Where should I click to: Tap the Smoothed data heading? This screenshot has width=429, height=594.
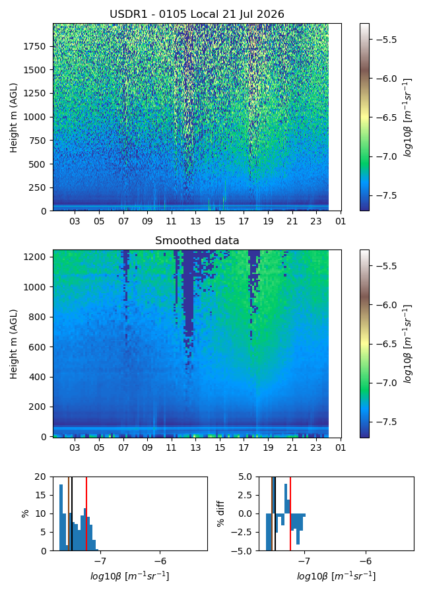197,240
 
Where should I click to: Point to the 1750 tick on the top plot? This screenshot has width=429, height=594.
34,46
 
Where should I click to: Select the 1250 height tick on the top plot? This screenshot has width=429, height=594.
34,93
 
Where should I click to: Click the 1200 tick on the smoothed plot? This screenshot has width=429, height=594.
34,257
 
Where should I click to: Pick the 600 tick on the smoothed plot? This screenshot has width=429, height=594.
37,346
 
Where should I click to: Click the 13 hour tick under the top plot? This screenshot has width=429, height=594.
195,221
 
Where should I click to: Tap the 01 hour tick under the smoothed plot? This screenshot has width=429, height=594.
341,447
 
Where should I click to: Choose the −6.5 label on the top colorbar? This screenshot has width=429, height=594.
385,117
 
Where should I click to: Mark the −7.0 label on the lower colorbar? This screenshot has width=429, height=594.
385,383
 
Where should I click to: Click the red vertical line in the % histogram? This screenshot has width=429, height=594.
86,513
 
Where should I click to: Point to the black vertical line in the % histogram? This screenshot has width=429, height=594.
72,513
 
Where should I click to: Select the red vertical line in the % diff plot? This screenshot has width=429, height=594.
290,513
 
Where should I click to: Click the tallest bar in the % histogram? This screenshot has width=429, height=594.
61,517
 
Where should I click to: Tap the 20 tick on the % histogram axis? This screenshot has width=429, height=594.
40,477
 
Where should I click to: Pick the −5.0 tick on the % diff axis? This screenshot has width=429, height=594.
244,551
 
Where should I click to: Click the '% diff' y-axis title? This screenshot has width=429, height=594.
220,513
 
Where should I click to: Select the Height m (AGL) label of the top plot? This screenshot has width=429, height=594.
14,118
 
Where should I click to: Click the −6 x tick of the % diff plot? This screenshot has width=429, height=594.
366,561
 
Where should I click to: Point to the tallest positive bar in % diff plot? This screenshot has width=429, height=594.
286,499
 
